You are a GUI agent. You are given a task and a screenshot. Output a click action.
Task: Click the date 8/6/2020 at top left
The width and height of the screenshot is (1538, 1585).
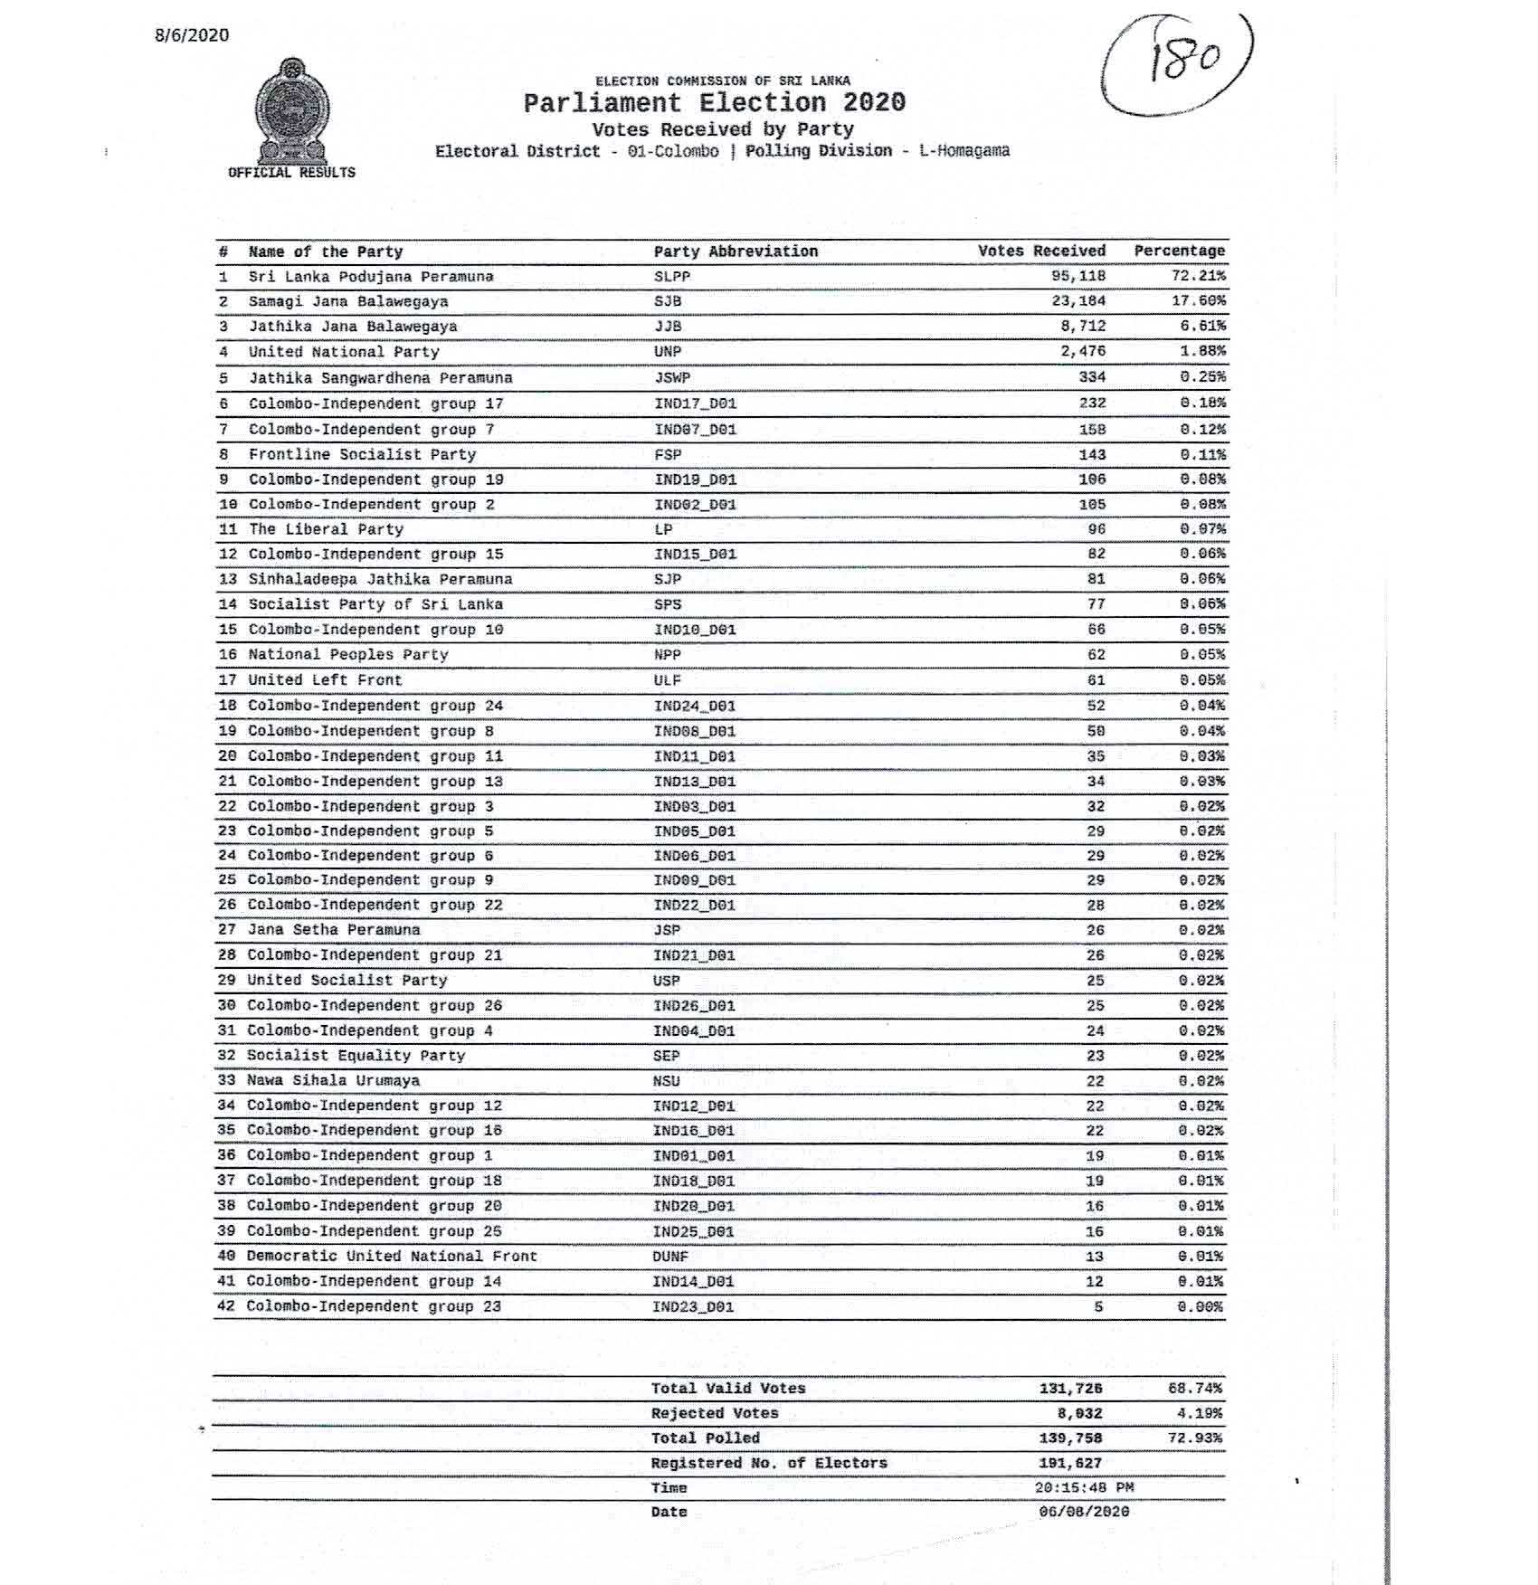[192, 35]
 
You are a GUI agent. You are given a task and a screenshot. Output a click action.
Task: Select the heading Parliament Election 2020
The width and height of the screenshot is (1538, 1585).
[714, 102]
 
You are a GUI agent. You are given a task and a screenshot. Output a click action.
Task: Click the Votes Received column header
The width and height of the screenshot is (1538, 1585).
[1040, 251]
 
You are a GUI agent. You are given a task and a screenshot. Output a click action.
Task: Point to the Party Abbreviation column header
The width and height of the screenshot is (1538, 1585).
[735, 252]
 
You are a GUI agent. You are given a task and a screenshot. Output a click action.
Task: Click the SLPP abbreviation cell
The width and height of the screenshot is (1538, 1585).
[671, 276]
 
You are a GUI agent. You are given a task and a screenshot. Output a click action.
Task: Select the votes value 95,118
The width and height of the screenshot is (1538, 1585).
[1078, 276]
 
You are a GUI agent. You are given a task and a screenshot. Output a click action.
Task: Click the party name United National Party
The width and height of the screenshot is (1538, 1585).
[344, 352]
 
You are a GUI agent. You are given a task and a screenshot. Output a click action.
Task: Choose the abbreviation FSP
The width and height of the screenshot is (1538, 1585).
[668, 454]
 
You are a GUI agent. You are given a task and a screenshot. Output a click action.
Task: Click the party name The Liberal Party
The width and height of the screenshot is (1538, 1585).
[326, 529]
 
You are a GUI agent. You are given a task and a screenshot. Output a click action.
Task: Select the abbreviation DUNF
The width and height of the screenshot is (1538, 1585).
[669, 1257]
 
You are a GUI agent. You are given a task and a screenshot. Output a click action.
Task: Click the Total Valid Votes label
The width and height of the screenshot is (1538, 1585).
[727, 1388]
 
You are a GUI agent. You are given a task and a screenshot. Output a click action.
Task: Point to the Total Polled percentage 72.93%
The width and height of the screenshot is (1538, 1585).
[1195, 1438]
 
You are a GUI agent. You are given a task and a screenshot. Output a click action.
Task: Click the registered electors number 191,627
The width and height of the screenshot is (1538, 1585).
[1071, 1463]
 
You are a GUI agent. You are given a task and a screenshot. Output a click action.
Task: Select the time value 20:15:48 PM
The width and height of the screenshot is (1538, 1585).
[1084, 1487]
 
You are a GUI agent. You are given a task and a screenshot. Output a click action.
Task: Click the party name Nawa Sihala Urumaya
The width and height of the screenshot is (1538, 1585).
[333, 1080]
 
